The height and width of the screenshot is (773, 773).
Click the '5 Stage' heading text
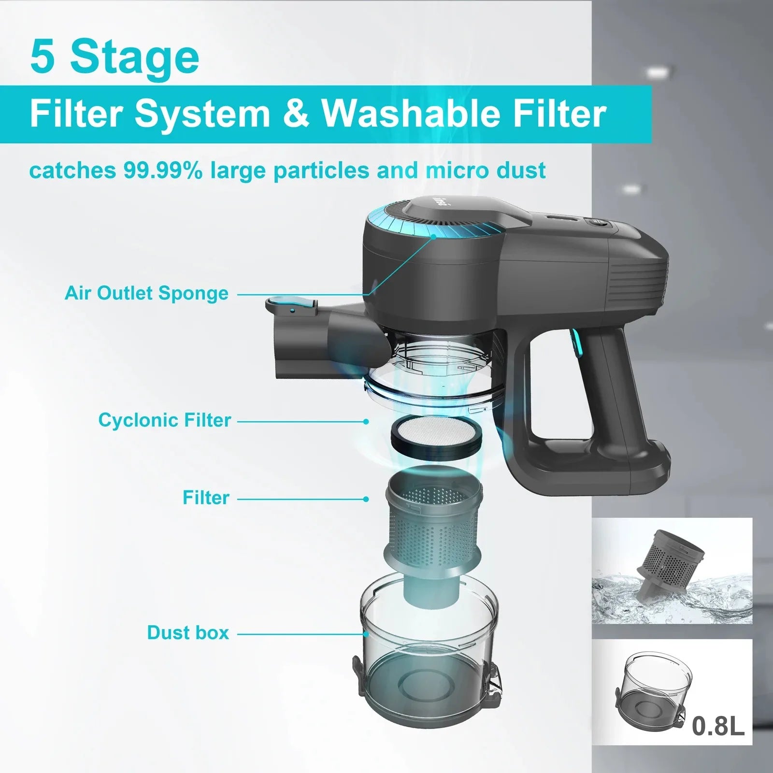pos(115,58)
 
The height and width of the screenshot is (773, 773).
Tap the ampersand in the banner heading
pos(295,114)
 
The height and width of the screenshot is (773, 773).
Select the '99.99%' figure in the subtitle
pos(162,171)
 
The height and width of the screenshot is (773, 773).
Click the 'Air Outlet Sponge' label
pos(146,293)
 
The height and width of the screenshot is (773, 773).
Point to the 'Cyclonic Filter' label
pos(165,420)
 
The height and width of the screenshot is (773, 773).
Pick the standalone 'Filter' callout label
pos(206,498)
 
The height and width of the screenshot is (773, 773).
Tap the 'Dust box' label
pos(188,633)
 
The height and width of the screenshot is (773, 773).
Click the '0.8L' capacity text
pos(718,726)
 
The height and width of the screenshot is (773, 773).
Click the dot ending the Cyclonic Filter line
pos(366,422)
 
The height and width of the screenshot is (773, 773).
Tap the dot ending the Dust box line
pos(366,634)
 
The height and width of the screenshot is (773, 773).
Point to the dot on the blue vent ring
pos(433,237)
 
